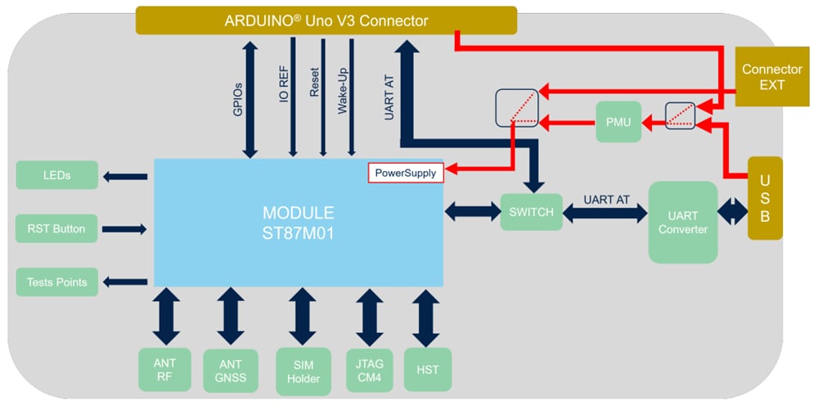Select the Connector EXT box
tap(771, 77)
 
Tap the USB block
tap(764, 198)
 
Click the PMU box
tap(618, 122)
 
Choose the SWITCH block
tap(531, 212)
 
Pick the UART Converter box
tap(682, 222)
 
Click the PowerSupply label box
tap(405, 173)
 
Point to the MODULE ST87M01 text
tap(298, 221)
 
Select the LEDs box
tap(56, 175)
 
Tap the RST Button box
tap(56, 228)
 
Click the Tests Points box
tap(56, 282)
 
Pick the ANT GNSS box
tap(230, 371)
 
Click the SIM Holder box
tap(303, 371)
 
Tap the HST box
tap(426, 371)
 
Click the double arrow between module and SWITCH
tap(472, 212)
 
